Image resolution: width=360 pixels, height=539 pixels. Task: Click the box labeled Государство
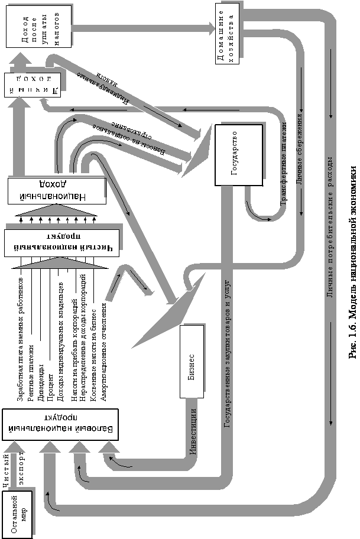239,154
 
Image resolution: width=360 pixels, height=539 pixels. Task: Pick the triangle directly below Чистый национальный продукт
59,264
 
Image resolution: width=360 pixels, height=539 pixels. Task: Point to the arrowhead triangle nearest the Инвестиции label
109,447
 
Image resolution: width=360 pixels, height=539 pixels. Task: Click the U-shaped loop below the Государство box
260,210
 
